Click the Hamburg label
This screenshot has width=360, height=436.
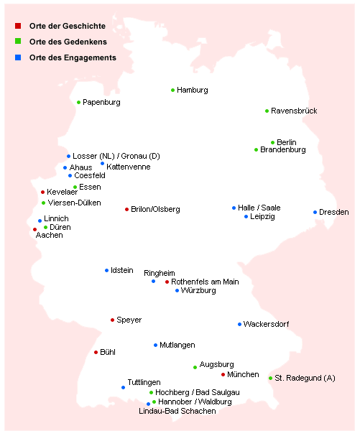(x=192, y=91)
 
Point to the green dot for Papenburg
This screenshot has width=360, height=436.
(x=79, y=103)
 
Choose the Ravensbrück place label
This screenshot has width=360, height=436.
(x=294, y=111)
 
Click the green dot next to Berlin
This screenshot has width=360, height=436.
(x=273, y=143)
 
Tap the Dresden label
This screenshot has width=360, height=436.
(x=333, y=213)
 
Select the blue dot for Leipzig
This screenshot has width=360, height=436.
(x=246, y=216)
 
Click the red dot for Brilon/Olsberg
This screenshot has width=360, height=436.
(x=127, y=210)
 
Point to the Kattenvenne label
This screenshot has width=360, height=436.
(x=129, y=167)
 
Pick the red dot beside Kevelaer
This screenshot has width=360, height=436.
(x=43, y=193)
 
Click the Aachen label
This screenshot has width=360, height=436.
(x=50, y=236)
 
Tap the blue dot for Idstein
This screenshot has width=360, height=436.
(x=107, y=271)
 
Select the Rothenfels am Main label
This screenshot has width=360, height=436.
(x=205, y=282)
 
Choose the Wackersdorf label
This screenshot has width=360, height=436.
(x=266, y=325)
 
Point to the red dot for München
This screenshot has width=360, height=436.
(x=223, y=375)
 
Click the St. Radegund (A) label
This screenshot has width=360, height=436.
(x=305, y=379)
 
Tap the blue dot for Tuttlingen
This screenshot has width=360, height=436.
(x=124, y=388)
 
